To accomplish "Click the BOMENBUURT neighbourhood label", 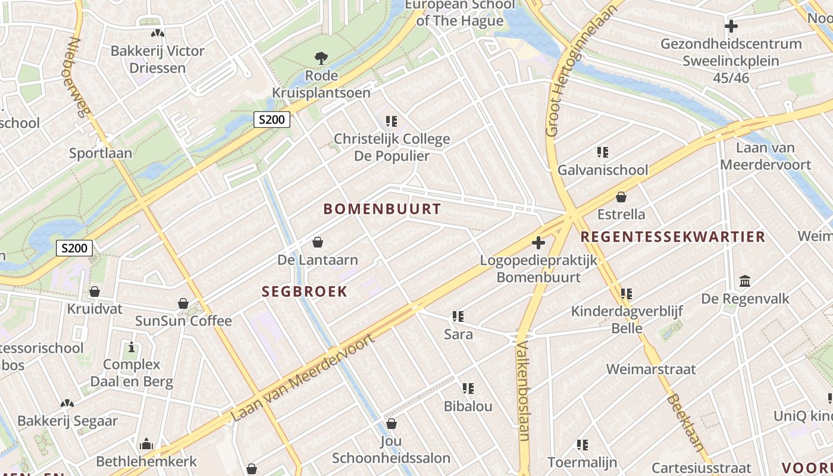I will [382, 209].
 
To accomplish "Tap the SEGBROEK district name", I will [304, 291].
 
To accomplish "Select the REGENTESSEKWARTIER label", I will [672, 237].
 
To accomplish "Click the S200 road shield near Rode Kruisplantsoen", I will [272, 120].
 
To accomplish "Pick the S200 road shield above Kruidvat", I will [74, 248].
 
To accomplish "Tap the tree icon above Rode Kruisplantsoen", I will [321, 58].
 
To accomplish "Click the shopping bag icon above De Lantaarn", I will [318, 242].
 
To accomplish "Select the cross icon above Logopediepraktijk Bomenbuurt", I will [538, 243].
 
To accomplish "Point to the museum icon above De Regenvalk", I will [745, 280].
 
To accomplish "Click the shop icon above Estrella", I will [621, 196].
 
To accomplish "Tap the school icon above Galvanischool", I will [603, 152].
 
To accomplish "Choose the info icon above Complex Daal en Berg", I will [131, 347].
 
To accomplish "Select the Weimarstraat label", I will [651, 369].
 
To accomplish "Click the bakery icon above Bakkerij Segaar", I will [67, 403].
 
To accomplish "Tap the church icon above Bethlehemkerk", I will [146, 444].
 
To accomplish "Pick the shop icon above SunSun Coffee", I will [183, 303].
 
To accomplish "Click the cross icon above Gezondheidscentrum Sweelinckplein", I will [731, 26].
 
